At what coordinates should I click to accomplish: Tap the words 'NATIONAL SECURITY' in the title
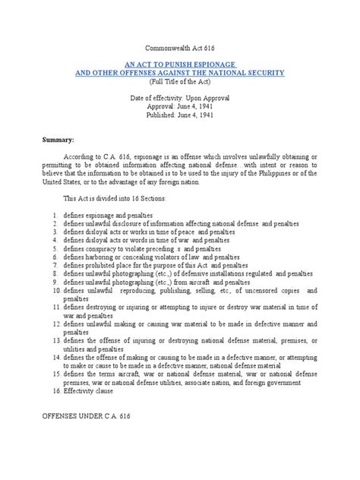(242, 72)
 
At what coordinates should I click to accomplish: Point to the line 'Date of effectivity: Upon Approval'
(180, 99)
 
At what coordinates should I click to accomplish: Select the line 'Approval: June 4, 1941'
(180, 107)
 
